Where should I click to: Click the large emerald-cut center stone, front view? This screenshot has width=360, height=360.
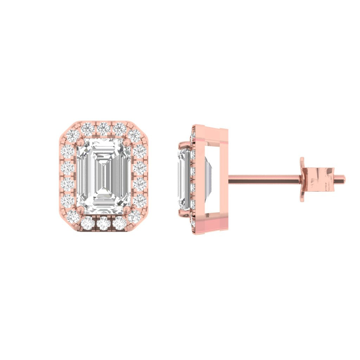click(x=104, y=176)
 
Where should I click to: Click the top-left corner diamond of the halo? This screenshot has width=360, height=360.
click(x=73, y=135)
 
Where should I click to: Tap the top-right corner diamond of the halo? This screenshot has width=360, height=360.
click(x=134, y=135)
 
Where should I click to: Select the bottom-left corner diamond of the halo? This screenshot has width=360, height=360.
click(x=73, y=217)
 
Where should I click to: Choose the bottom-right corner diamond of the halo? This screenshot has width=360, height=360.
click(x=134, y=217)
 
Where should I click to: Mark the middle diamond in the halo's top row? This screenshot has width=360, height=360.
click(x=103, y=129)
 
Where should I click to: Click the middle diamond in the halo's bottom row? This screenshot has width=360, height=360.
click(x=103, y=223)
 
